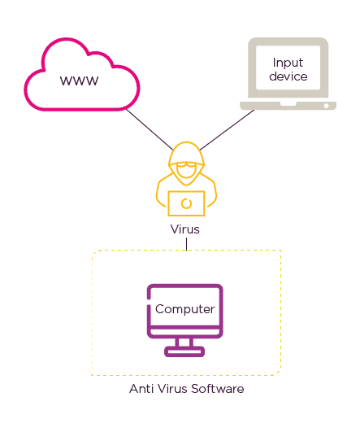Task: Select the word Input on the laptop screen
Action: click(288, 63)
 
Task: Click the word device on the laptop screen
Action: click(288, 76)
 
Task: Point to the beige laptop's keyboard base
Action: click(287, 106)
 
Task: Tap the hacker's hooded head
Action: click(186, 159)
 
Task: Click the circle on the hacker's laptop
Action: click(186, 203)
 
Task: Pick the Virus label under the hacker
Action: click(184, 229)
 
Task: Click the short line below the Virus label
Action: click(186, 243)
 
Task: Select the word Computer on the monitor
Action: click(184, 309)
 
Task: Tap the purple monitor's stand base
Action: click(184, 352)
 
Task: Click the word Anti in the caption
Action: click(140, 389)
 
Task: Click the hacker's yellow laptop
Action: click(186, 203)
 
